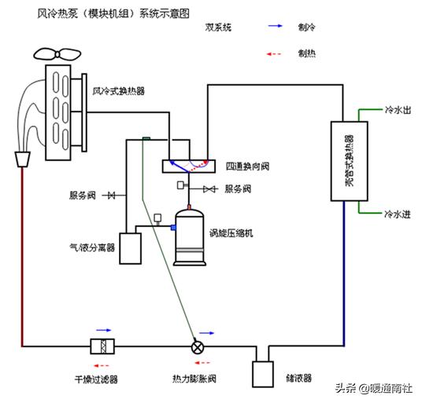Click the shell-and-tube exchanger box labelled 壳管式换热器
click(346, 161)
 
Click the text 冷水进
click(396, 213)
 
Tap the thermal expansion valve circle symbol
click(198, 346)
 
